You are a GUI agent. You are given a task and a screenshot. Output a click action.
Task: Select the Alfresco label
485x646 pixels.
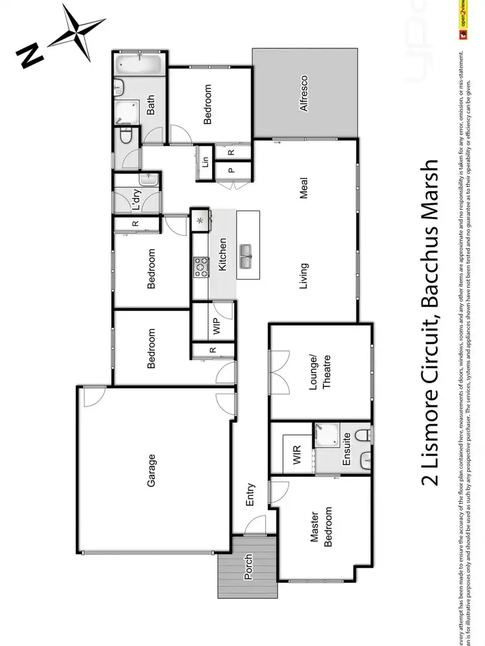click(x=303, y=94)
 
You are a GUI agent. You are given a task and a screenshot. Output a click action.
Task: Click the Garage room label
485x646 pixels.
click(x=152, y=470)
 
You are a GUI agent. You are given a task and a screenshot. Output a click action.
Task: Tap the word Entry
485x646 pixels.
click(x=250, y=495)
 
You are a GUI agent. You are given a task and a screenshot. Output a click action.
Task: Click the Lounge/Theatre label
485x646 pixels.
click(x=321, y=371)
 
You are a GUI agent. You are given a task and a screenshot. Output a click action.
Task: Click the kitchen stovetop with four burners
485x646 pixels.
click(x=201, y=266)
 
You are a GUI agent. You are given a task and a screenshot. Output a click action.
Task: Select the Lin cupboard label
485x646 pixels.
click(x=206, y=161)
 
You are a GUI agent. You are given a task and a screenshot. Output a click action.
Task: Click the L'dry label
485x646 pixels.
click(x=136, y=200)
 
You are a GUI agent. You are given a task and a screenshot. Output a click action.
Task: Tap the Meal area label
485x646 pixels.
click(x=303, y=188)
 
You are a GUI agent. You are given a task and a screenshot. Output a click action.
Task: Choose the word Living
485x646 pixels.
click(x=303, y=275)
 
